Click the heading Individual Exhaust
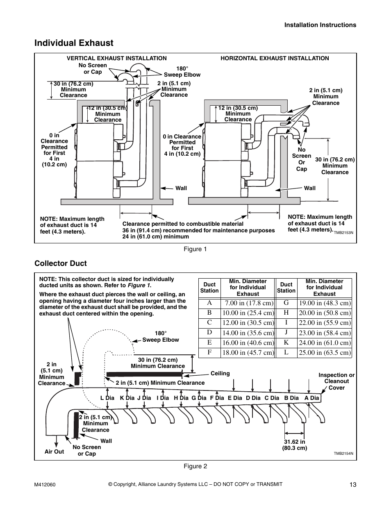74,43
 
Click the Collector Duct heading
60,263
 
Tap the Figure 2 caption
195,466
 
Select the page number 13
353,485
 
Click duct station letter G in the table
286,303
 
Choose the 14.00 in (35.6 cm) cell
248,333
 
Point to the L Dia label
107,398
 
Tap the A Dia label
311,398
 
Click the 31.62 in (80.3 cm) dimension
294,445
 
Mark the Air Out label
54,452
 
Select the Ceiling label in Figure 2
220,373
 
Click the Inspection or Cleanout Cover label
336,381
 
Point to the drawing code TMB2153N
343,233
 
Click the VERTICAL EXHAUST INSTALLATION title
116,58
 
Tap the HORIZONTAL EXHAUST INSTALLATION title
275,58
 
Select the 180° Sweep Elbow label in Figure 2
161,336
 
